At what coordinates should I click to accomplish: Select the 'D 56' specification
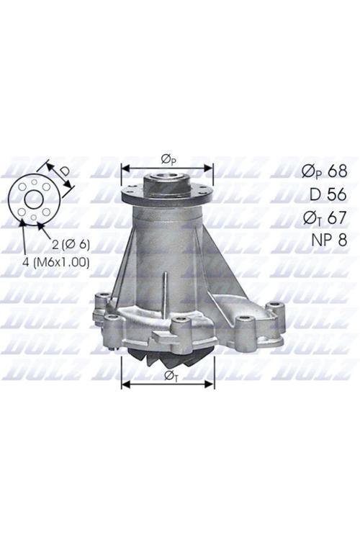(328, 194)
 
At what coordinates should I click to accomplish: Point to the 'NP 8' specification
(328, 239)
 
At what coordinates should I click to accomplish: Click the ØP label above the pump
(167, 158)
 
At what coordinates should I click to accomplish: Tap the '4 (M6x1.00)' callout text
(55, 262)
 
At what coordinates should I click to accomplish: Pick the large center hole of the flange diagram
(34, 199)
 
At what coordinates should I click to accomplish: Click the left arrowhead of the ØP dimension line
(125, 168)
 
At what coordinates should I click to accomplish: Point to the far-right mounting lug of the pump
(275, 311)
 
